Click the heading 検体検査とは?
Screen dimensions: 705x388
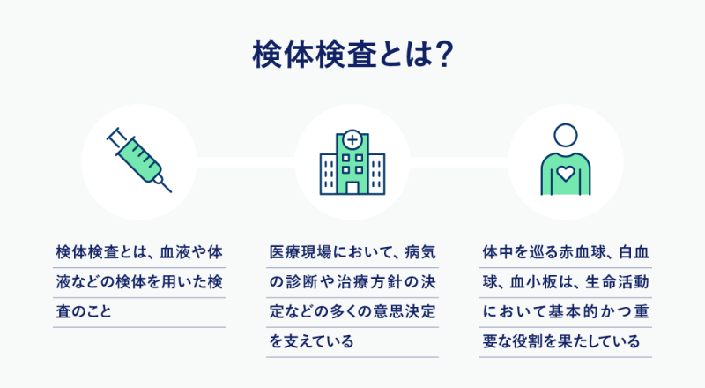[x=352, y=54]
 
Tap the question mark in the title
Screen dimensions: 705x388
[x=444, y=55]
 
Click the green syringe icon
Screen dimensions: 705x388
[x=139, y=160]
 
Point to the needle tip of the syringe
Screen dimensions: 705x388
[x=170, y=191]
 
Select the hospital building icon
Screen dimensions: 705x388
[x=352, y=162]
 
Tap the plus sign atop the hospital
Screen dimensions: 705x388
[x=352, y=139]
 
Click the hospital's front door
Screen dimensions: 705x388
[x=352, y=188]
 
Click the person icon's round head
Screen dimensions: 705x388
[x=566, y=136]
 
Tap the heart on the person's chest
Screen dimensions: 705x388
[x=566, y=174]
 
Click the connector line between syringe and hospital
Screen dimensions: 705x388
[x=246, y=162]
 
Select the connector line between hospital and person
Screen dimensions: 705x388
[x=459, y=162]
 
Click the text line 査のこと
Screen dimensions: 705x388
[x=84, y=311]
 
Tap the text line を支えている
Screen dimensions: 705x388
[x=312, y=341]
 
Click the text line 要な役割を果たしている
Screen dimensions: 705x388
[x=561, y=341]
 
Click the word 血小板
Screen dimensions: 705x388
[x=533, y=282]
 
